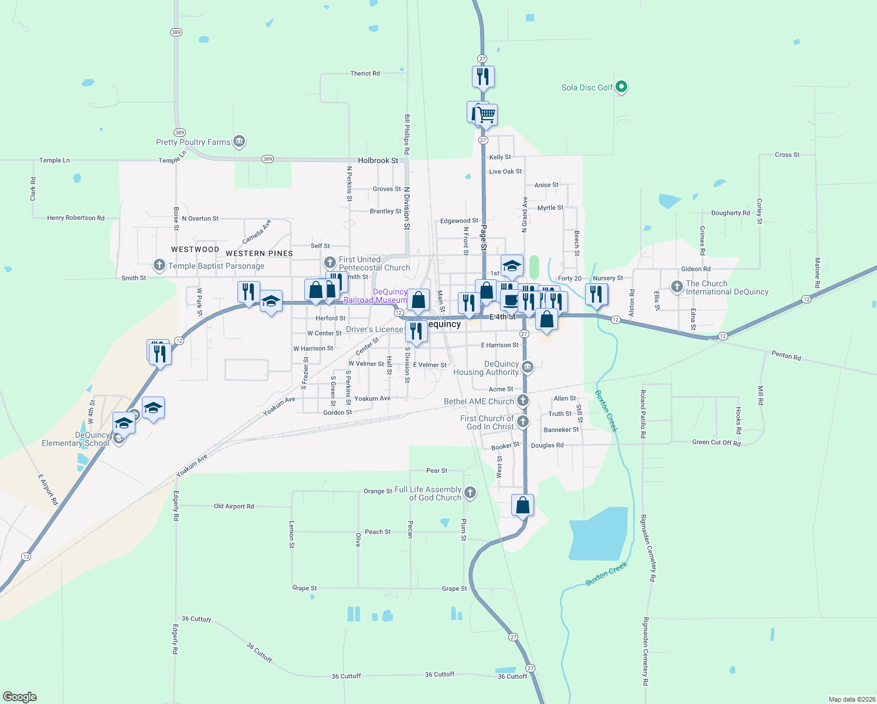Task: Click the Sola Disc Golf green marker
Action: [x=621, y=87]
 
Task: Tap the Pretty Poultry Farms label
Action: [x=193, y=142]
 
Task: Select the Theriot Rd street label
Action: [x=365, y=73]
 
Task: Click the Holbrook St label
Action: [x=378, y=160]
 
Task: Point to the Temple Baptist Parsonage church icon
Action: [x=159, y=265]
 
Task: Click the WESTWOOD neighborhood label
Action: [x=195, y=249]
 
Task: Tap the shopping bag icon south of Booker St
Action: [x=522, y=505]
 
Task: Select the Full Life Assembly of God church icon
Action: [x=470, y=493]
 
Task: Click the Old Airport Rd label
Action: [x=234, y=506]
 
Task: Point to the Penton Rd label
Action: [x=786, y=355]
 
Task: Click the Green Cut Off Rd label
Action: [x=716, y=442]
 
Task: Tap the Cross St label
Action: [x=787, y=155]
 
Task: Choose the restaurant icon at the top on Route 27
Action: [x=483, y=77]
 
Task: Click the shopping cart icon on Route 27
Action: [x=487, y=114]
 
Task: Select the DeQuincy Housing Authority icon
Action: [x=528, y=367]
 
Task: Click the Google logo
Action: [x=20, y=696]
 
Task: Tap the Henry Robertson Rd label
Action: [x=76, y=218]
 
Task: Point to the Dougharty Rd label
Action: [x=730, y=213]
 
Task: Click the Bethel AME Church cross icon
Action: [x=523, y=401]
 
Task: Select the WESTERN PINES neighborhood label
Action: [x=259, y=253]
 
